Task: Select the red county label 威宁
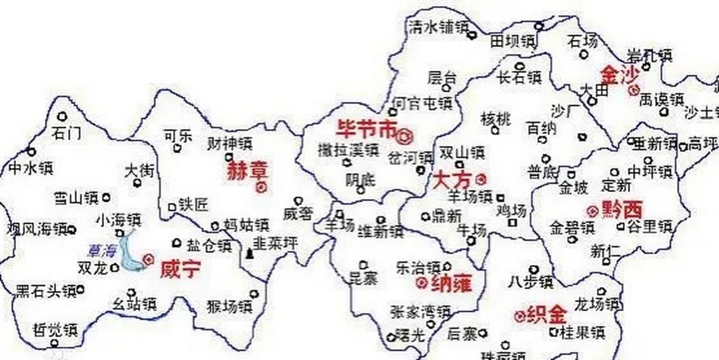click(180, 269)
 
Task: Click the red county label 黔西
click(622, 209)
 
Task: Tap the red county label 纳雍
click(451, 284)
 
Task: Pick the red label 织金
click(545, 314)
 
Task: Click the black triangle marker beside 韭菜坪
click(249, 255)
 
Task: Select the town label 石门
click(67, 133)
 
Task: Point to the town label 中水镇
click(31, 168)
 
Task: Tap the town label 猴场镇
click(229, 307)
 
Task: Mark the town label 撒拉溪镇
click(348, 150)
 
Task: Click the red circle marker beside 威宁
click(148, 259)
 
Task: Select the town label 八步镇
click(530, 283)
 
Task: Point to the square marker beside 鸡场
click(512, 222)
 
